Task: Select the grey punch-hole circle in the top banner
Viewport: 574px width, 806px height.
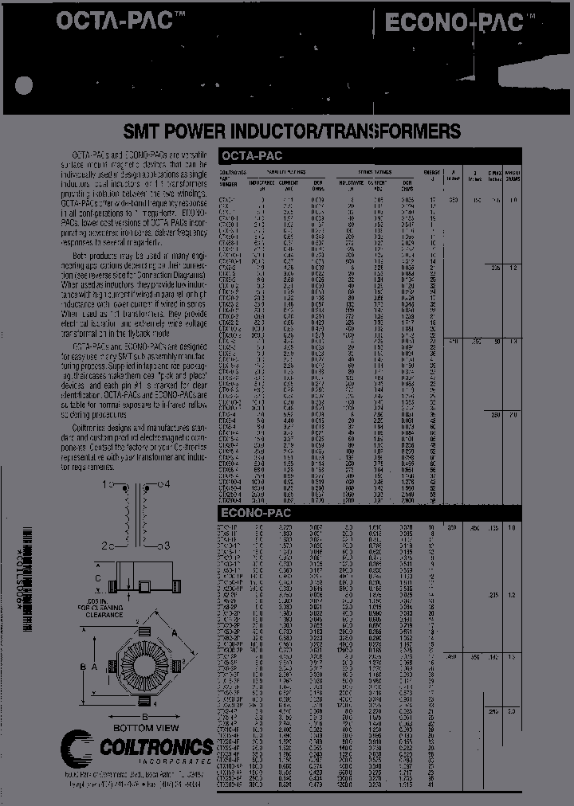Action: click(26, 86)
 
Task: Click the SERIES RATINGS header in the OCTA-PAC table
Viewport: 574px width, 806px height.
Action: click(375, 171)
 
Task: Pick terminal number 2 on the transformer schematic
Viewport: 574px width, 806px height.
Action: click(105, 545)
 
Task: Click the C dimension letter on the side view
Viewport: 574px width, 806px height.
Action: click(98, 577)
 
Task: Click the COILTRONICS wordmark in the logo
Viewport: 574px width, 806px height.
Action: click(156, 746)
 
